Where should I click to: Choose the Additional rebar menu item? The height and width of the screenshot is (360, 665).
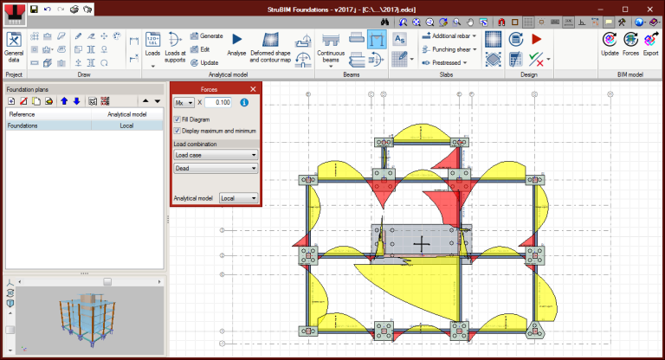click(450, 36)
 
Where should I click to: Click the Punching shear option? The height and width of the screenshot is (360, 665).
click(450, 49)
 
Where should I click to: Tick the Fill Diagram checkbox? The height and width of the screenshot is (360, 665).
click(178, 119)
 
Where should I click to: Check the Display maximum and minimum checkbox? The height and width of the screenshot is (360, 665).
click(178, 131)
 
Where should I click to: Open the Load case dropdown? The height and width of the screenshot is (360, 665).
click(216, 155)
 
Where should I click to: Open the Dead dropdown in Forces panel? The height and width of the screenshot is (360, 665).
click(216, 169)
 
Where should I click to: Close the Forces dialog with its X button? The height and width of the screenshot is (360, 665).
click(253, 89)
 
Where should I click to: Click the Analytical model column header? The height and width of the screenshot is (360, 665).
click(126, 114)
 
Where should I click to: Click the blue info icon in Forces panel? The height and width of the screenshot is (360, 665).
click(244, 103)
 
